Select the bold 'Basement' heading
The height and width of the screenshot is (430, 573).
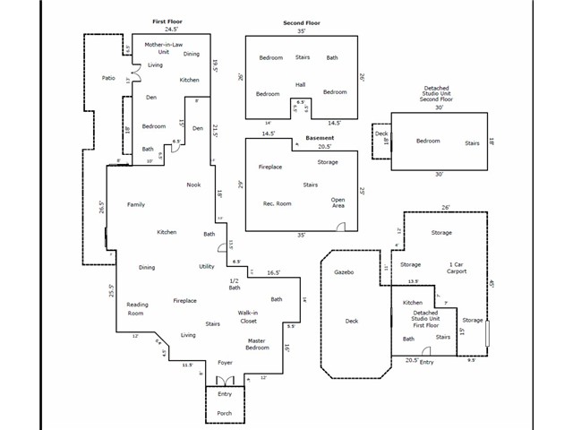[x=320, y=138]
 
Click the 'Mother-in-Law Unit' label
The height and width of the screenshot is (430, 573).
[x=164, y=47]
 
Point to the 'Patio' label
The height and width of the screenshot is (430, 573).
[x=108, y=78]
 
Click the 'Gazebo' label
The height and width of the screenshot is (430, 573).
[x=346, y=271]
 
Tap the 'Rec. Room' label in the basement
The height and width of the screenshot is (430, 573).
[x=277, y=203]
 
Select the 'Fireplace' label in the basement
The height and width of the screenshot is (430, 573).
[x=271, y=167]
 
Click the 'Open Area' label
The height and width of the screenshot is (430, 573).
[x=338, y=203]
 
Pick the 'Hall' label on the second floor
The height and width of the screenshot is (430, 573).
[x=301, y=85]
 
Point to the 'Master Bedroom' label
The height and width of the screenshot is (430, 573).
[x=257, y=344]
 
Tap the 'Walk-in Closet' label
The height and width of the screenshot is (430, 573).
[x=248, y=316]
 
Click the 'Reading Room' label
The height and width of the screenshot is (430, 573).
[x=137, y=309]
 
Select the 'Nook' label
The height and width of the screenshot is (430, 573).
[x=193, y=185]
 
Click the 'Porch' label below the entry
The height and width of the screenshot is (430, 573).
[x=225, y=413]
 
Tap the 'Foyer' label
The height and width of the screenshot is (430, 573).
[x=225, y=363]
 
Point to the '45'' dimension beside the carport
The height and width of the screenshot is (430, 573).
[x=492, y=284]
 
